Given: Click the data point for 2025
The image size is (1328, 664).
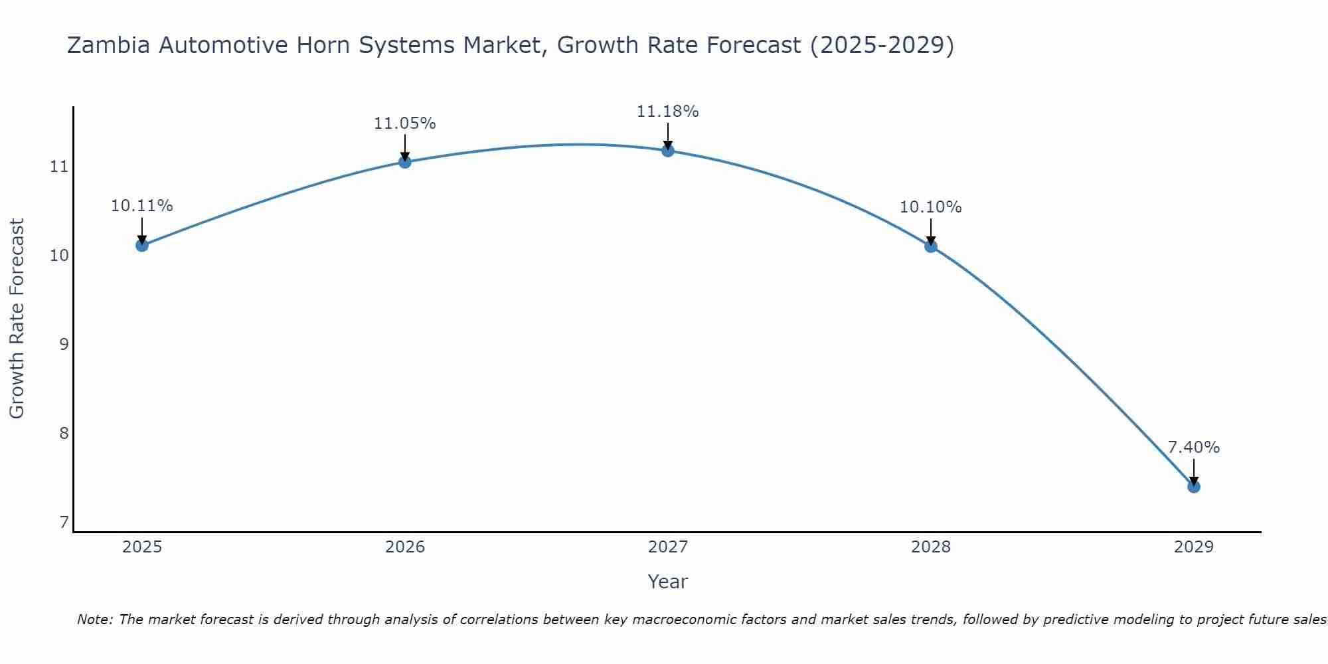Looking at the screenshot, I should [x=142, y=245].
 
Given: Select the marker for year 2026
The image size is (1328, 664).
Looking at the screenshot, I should [x=405, y=161].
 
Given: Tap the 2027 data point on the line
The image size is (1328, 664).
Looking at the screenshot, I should [x=668, y=151].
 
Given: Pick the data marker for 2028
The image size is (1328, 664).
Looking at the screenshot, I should [x=931, y=246].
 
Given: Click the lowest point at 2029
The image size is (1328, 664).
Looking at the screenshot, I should [x=1194, y=487].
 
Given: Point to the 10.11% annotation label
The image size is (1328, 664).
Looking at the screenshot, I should [x=142, y=206].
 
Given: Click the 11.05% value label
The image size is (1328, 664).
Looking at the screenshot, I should [x=405, y=124].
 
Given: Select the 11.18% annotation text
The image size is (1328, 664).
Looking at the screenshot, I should [x=668, y=112].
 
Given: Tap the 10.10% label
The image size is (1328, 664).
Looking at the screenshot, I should [x=931, y=207].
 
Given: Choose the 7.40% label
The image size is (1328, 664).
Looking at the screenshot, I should [x=1194, y=448].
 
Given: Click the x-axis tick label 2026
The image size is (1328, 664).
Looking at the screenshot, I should [x=405, y=547].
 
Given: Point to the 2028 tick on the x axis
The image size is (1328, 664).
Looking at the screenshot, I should [x=931, y=547].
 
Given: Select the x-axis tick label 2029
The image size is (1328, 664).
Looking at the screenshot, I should [x=1194, y=547].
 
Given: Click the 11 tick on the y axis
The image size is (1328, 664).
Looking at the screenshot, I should [x=59, y=167].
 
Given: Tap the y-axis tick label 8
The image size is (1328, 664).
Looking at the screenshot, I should [x=64, y=434].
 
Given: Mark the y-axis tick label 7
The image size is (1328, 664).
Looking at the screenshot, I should [x=64, y=523].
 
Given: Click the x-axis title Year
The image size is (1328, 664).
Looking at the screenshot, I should [x=668, y=582].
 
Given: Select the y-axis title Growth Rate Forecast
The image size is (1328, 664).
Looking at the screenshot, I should [x=17, y=319].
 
